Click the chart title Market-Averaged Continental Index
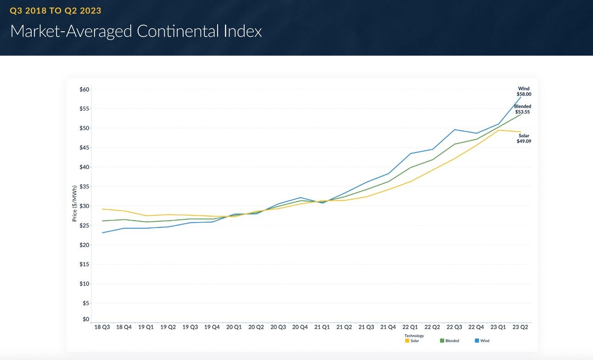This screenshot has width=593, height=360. coord(136,31)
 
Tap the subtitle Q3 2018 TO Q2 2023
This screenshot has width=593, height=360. coord(56,11)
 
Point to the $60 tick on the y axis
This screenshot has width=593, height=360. coord(84,90)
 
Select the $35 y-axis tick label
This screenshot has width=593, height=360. coord(84,186)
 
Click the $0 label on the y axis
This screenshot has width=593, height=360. coord(86,319)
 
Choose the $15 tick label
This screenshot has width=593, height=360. coord(84,264)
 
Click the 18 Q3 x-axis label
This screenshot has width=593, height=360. coord(102,327)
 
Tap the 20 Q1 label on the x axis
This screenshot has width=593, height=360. coord(234,327)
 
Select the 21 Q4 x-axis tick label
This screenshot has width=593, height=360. coord(388,327)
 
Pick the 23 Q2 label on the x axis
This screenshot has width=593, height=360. coord(520,327)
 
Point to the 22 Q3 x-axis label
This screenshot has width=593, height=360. coord(454,327)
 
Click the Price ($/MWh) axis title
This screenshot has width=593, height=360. coord(74,203)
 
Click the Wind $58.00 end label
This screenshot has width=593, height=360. coord(524,91)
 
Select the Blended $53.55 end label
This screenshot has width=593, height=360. coord(522,109)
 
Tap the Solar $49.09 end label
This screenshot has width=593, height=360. coord(524,138)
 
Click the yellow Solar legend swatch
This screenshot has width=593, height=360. coord(407,341)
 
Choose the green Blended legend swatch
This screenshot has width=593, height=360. coord(442,341)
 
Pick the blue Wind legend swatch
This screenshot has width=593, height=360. coord(477,341)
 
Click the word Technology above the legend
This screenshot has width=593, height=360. coord(414,336)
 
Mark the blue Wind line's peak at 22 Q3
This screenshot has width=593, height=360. coord(454,129)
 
